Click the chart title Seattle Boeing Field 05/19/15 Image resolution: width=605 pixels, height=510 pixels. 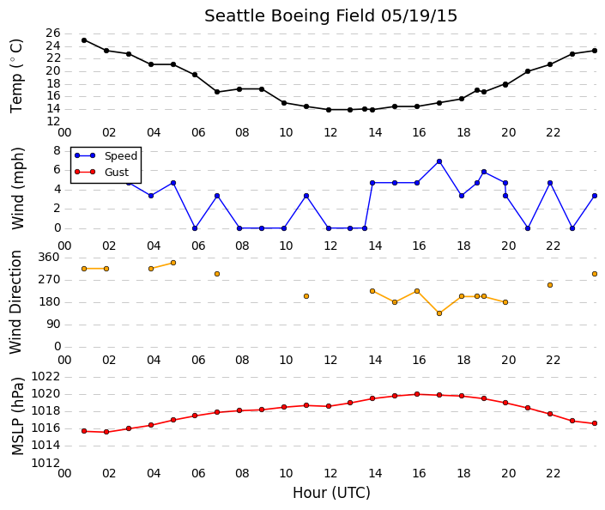coord(330,16)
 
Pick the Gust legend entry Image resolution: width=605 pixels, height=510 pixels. coord(101,173)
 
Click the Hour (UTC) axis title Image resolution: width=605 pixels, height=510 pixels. coord(331,493)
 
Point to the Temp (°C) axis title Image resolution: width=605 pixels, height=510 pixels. coord(16,76)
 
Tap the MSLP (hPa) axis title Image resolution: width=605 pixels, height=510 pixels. coord(17,416)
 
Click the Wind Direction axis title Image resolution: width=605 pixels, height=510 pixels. coord(15,302)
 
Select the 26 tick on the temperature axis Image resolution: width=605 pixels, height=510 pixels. coord(53,33)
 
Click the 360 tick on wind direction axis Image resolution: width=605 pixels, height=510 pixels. coord(49,258)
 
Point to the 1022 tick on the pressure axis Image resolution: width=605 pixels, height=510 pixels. coord(45,376)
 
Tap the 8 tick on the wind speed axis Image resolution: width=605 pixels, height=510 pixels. coord(57,150)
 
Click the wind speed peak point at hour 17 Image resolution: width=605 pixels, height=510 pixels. coord(439,161)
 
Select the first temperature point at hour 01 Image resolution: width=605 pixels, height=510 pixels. coord(84,40)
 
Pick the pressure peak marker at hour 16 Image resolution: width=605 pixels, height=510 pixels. coord(417,394)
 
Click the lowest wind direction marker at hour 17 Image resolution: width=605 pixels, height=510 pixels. coord(439,313)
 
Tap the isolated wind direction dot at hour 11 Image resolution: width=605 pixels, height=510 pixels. coord(306,296)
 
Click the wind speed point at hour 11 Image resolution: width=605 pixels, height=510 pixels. coord(306,196)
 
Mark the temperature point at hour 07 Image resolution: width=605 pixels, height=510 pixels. coord(217,92)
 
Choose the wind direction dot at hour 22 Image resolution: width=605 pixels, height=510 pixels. coord(550,285)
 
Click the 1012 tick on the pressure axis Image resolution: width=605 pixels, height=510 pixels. coord(45,463)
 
